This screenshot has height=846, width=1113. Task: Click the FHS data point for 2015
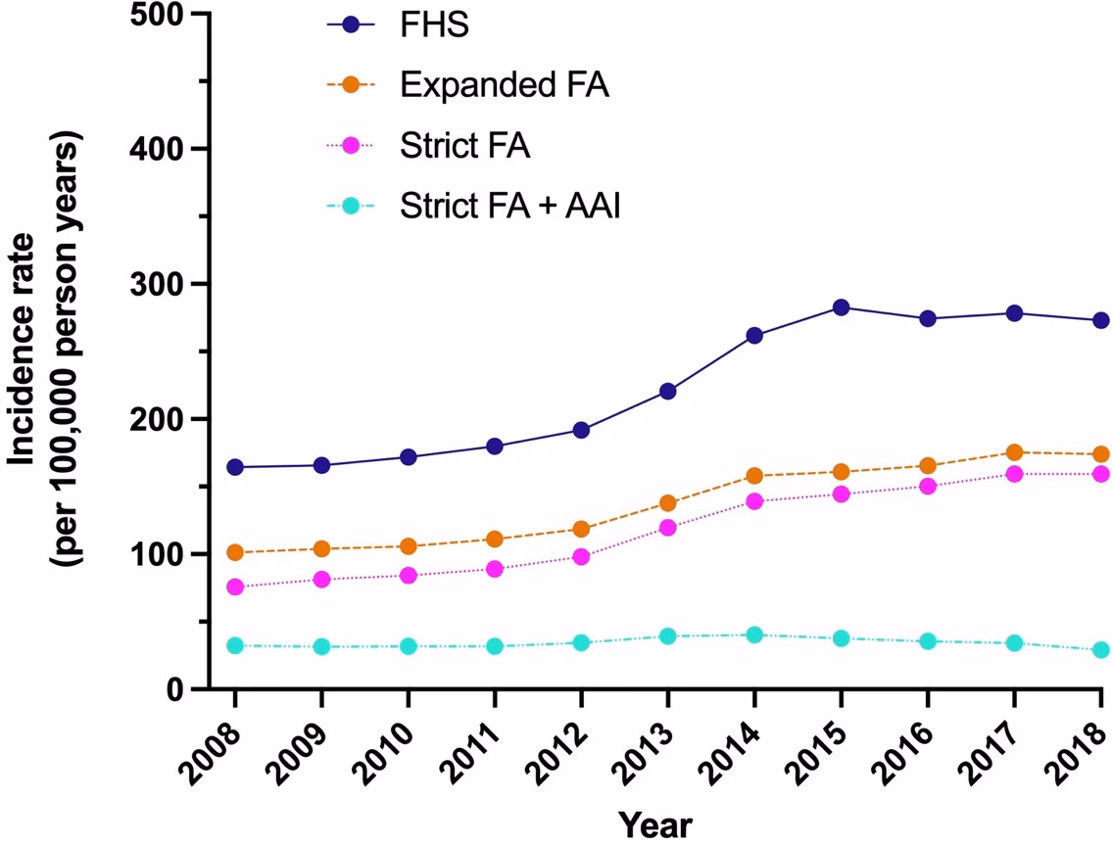[x=841, y=307]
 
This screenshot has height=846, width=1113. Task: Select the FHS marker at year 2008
[x=235, y=467]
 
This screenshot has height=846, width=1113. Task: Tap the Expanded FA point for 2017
[x=1014, y=452]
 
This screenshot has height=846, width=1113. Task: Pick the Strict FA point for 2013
[x=667, y=528]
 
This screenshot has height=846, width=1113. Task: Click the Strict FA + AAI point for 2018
[x=1100, y=649]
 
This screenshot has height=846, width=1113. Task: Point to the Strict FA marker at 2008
[x=235, y=587]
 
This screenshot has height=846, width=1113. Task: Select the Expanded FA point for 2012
[x=581, y=529]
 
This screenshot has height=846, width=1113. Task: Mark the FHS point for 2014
[x=753, y=336]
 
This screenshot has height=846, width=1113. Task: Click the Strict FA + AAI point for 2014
[x=753, y=634]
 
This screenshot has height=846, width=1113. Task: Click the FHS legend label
[x=434, y=25]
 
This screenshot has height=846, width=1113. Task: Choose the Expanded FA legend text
[x=505, y=85]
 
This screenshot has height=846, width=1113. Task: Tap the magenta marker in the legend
[x=351, y=146]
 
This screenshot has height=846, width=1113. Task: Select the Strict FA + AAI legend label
[x=510, y=207]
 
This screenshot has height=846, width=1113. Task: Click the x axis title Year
[x=654, y=824]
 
